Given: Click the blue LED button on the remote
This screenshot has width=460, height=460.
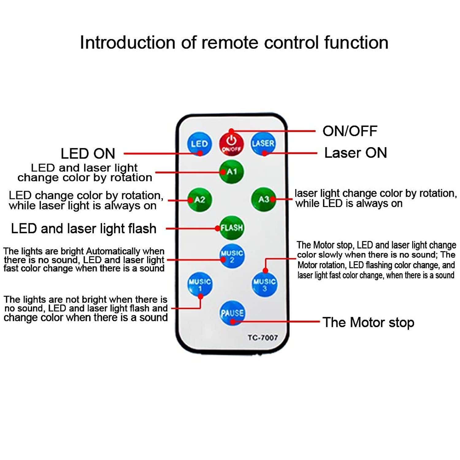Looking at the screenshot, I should tap(199, 144).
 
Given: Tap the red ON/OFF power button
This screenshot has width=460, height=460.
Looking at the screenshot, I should tap(231, 143).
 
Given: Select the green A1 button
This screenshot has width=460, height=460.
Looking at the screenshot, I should tap(232, 171).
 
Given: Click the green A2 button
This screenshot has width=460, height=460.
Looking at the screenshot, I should tap(200, 200).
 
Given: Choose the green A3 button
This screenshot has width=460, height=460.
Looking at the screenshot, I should tap(263, 199).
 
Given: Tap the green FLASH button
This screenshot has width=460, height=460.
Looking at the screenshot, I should tap(232, 228).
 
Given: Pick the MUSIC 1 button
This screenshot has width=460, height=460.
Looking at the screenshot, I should tap(200, 284).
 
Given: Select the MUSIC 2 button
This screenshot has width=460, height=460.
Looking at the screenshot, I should tap(232, 256).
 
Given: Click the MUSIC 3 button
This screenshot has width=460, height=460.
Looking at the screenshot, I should tap(264, 284).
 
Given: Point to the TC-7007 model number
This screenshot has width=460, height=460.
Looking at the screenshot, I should tap(263, 338).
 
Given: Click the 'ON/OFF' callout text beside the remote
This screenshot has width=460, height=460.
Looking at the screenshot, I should tap(350, 131).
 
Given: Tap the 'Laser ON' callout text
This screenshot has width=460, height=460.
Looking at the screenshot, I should tap(355, 153).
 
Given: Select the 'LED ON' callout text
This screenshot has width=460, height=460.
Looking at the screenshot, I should tap(88, 154).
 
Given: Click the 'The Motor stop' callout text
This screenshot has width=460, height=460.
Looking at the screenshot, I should tap(368, 322).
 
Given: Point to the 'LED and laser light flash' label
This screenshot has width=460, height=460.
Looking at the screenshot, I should tap(84, 229).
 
